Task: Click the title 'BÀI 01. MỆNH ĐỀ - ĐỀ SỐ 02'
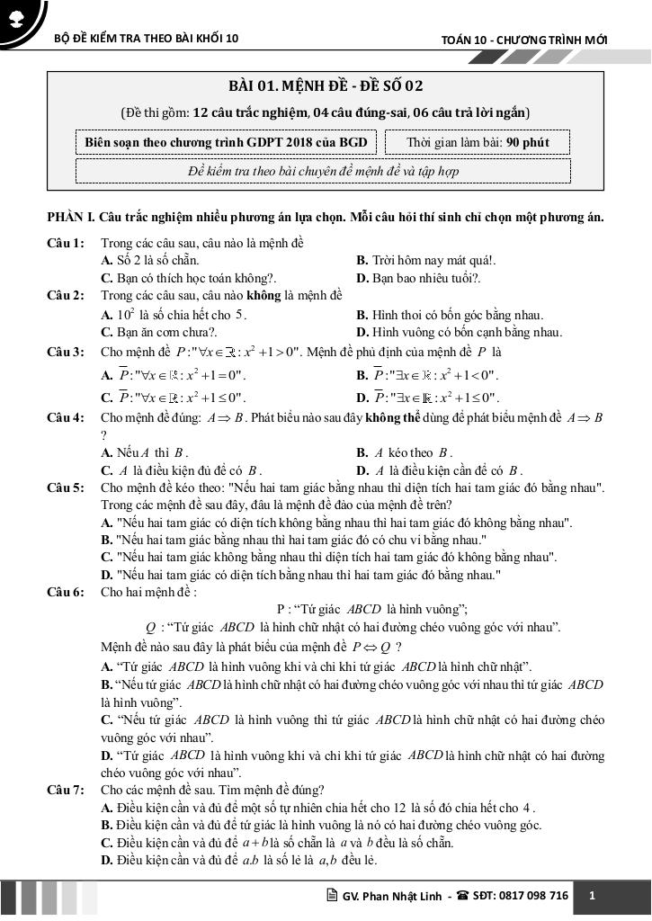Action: pyautogui.click(x=326, y=86)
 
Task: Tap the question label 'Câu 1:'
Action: pyautogui.click(x=67, y=244)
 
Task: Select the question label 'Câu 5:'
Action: pyautogui.click(x=67, y=487)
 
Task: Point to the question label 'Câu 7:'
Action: pyautogui.click(x=67, y=790)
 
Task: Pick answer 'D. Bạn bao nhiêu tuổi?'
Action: pyautogui.click(x=418, y=278)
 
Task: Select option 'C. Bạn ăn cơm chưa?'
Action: pyautogui.click(x=158, y=332)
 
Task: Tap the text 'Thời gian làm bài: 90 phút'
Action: pyautogui.click(x=477, y=142)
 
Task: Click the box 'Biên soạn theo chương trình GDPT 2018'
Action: pyautogui.click(x=226, y=142)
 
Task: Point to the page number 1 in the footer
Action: pyautogui.click(x=592, y=896)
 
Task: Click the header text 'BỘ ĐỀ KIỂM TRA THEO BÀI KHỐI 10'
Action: pyautogui.click(x=147, y=40)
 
